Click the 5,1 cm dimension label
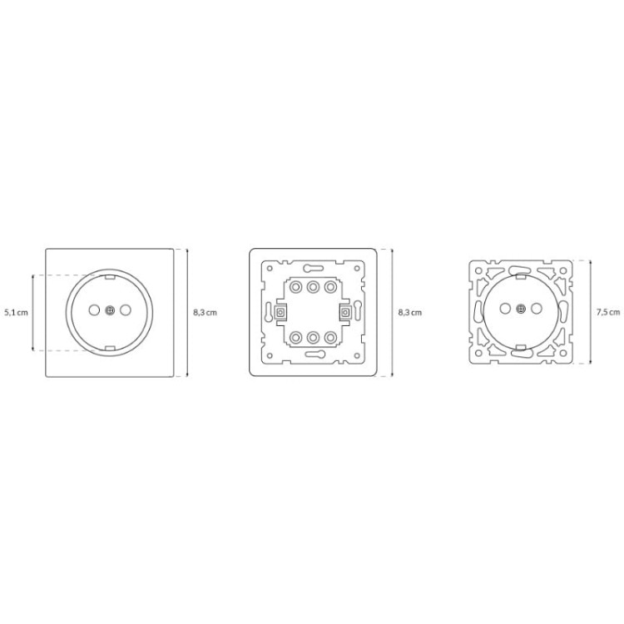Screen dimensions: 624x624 click(17, 312)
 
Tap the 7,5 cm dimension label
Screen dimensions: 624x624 click(608, 312)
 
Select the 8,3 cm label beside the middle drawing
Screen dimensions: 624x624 click(410, 312)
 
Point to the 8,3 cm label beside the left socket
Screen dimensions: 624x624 click(205, 312)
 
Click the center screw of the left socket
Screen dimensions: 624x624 click(110, 310)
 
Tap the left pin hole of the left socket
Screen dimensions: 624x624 click(94, 310)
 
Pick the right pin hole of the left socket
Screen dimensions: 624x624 click(126, 310)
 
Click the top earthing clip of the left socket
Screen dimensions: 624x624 click(110, 275)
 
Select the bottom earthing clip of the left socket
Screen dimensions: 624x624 click(110, 349)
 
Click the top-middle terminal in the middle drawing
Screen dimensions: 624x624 click(313, 286)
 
